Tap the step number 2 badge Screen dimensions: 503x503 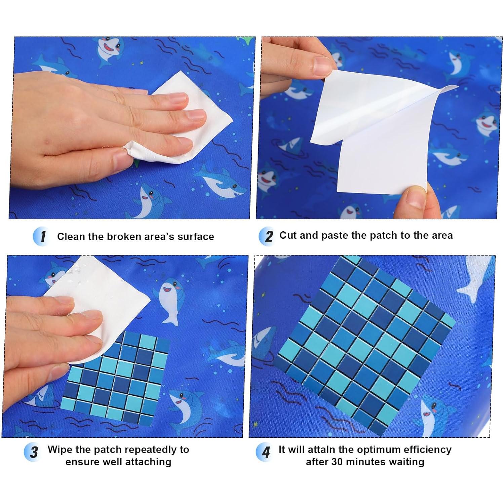[x=267, y=236]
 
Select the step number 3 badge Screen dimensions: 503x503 [x=33, y=452]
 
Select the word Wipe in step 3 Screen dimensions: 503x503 [x=60, y=450]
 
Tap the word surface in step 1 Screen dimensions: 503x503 [x=196, y=236]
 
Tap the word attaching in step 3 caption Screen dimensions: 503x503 [x=150, y=462]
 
